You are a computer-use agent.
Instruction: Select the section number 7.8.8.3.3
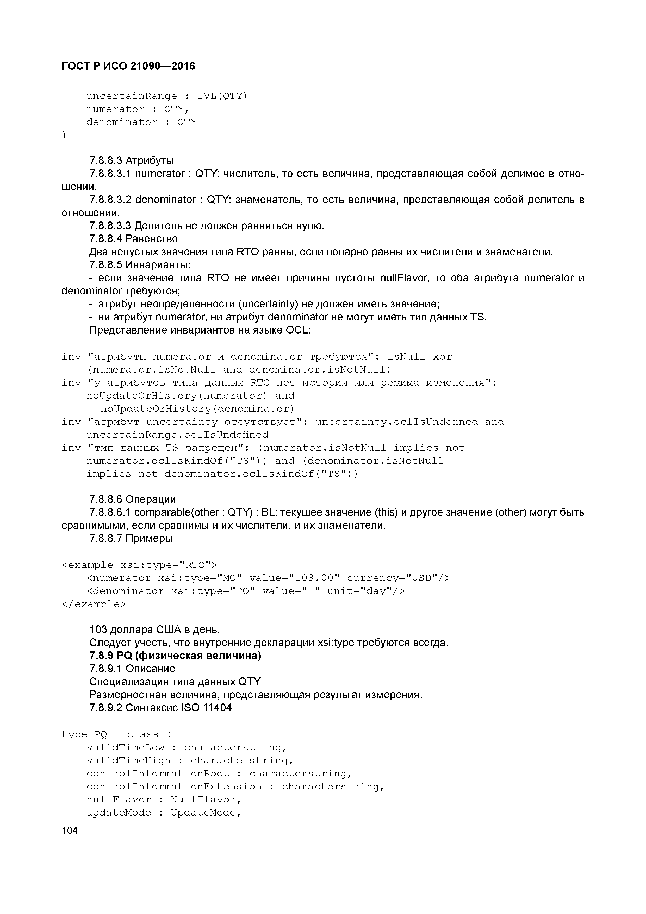coord(110,226)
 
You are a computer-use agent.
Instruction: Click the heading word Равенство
coord(151,239)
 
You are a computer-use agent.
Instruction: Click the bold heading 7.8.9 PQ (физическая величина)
coord(175,656)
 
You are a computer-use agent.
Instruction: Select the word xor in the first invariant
coord(442,357)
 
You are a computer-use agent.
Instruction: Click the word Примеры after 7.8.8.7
coord(149,539)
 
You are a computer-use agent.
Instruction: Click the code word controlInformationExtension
coord(174,786)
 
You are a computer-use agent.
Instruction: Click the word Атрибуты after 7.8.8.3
coord(149,161)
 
